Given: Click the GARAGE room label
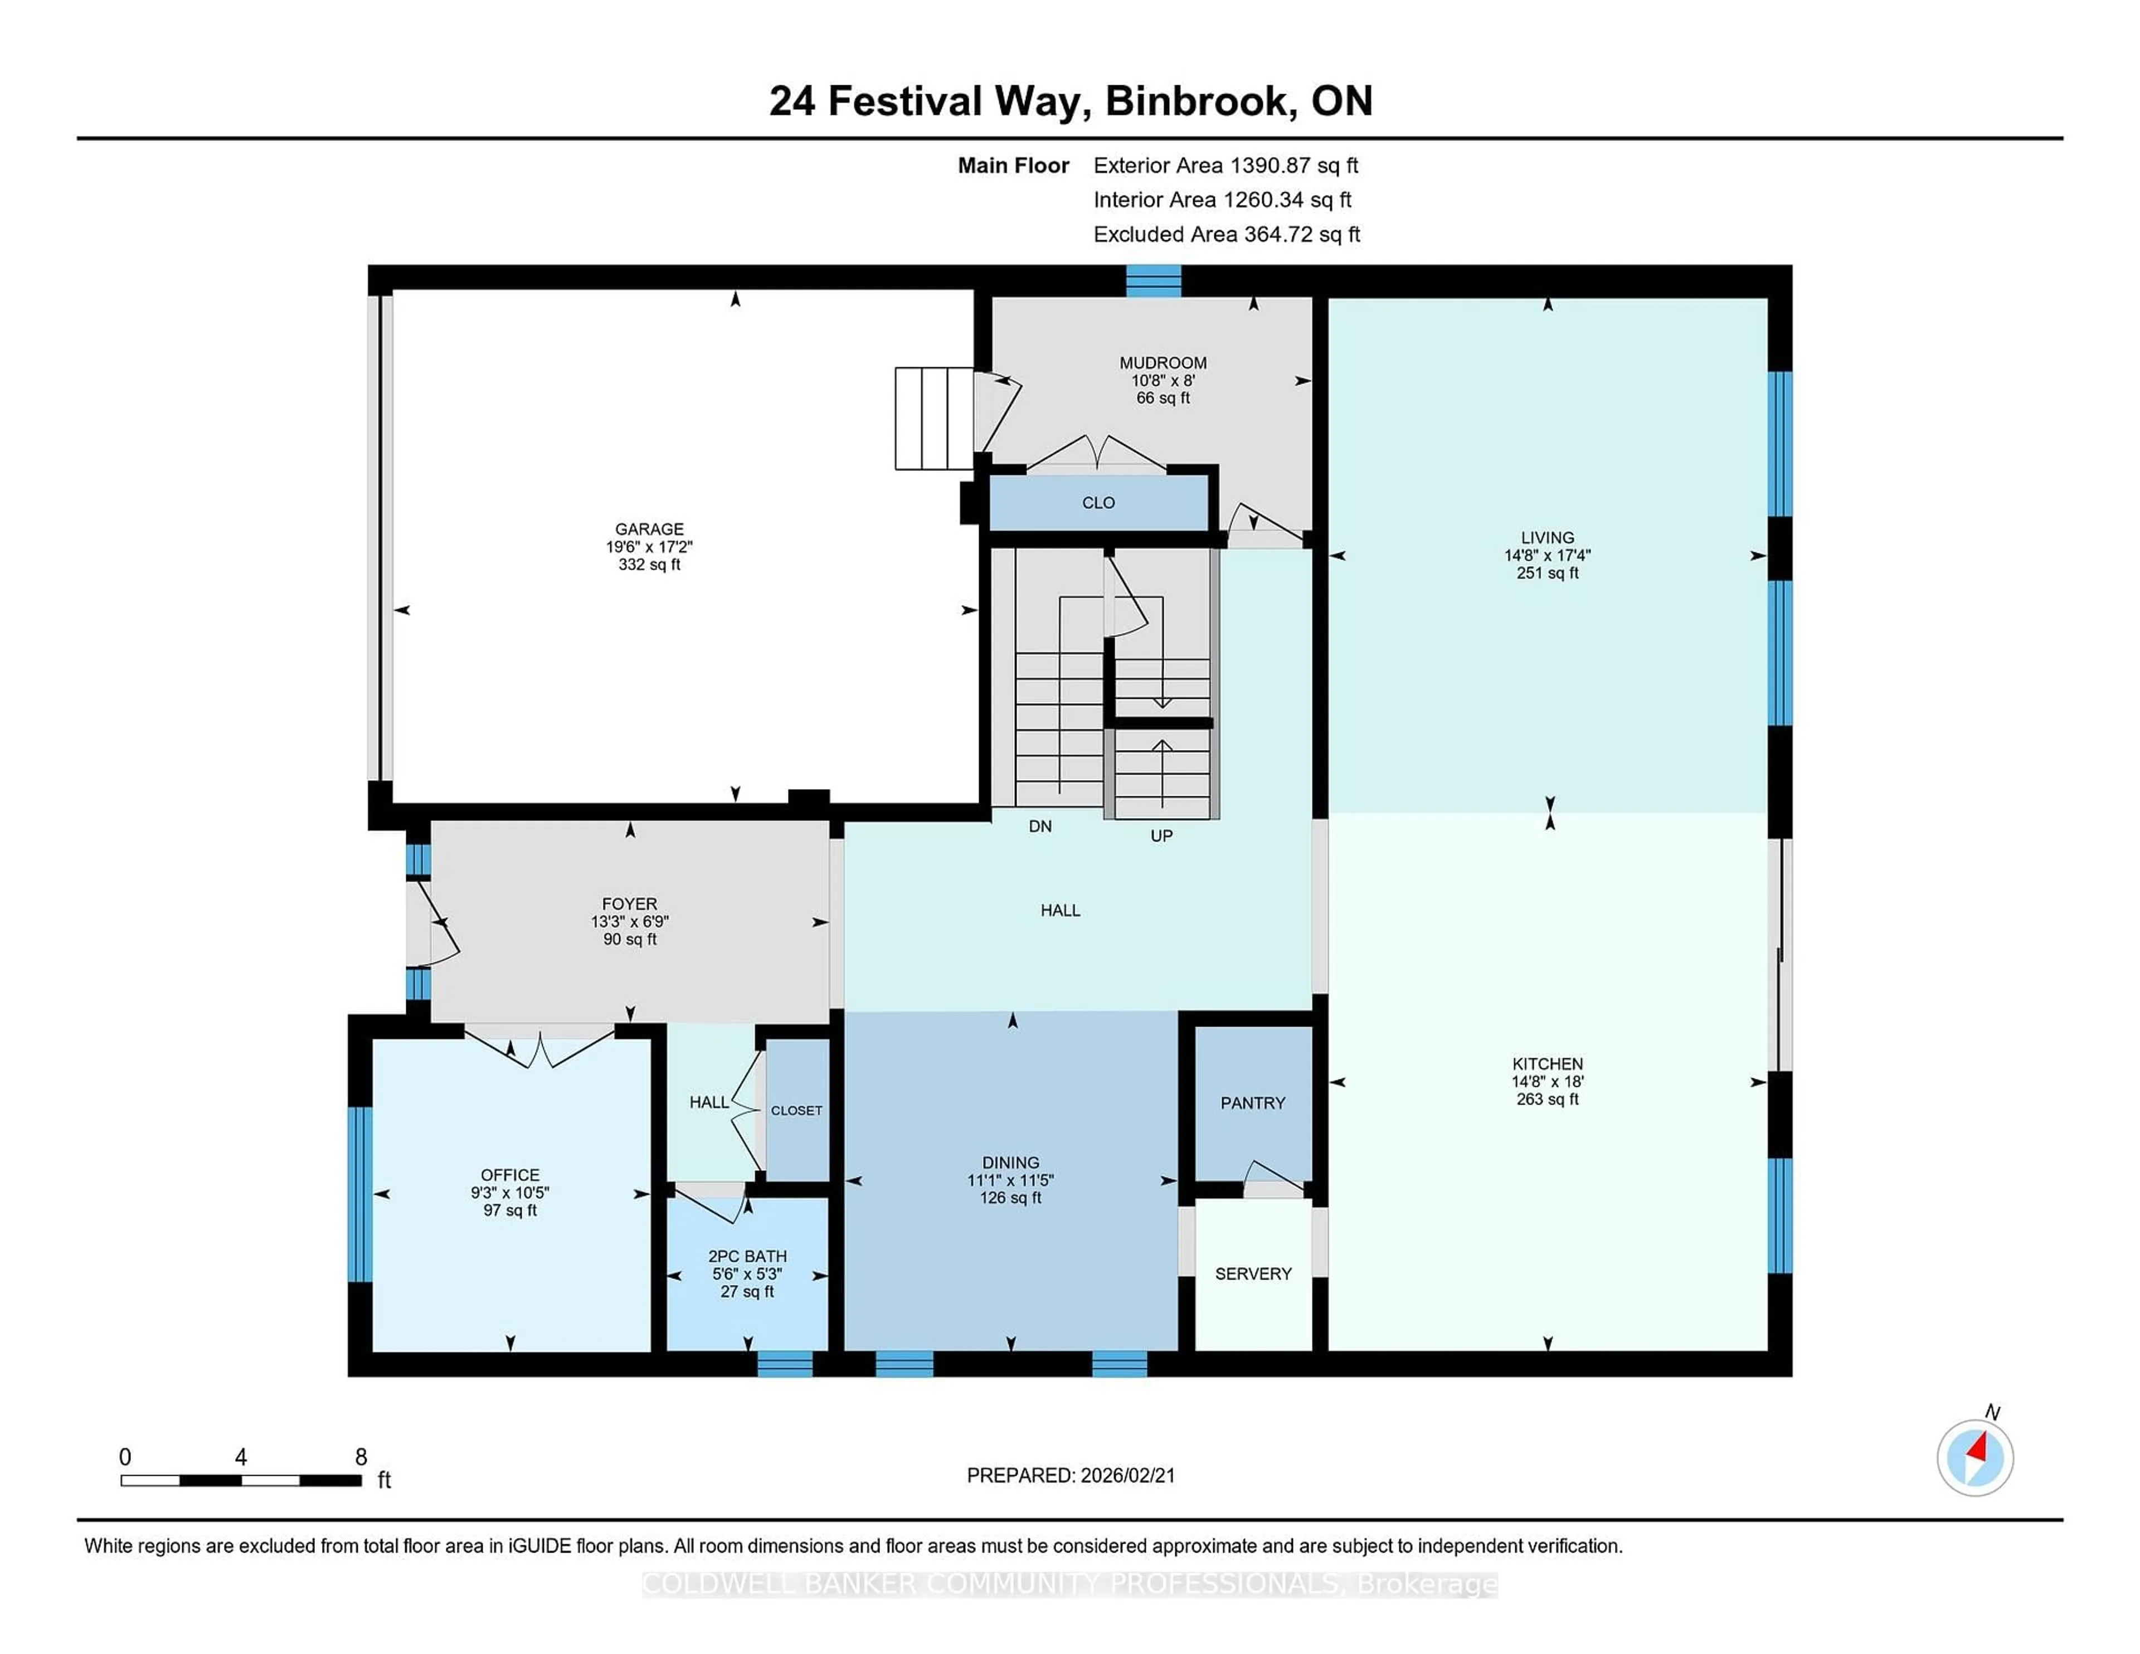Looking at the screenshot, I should (x=649, y=529).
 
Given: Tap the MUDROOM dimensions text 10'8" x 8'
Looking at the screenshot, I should (x=1162, y=380).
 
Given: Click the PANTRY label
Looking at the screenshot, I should (x=1252, y=1103).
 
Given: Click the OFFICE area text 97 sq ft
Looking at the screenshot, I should (x=509, y=1210).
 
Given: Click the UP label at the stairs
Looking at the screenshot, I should (x=1161, y=836).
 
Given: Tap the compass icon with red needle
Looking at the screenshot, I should (x=1974, y=1457).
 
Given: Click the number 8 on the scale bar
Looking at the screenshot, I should (x=361, y=1457).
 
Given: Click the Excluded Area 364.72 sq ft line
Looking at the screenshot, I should (x=1226, y=234).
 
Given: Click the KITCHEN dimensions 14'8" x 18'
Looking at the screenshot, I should (x=1547, y=1082).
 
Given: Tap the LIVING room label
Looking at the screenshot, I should (x=1547, y=538).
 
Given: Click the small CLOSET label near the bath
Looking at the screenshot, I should (x=796, y=1110).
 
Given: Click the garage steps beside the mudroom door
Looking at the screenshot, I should (x=934, y=419).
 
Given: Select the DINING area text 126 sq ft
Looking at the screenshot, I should (x=1010, y=1198).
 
